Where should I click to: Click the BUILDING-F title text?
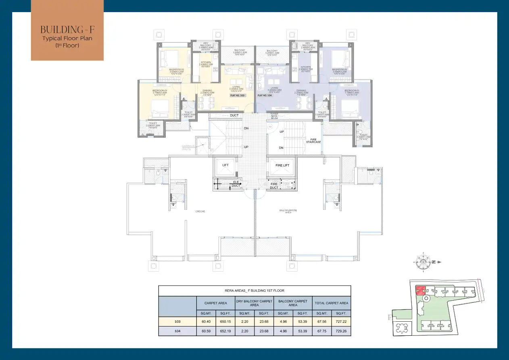coord(67,30)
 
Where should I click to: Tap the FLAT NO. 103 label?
coord(237,95)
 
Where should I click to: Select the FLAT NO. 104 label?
coord(265,95)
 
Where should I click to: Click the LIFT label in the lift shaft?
coord(225,165)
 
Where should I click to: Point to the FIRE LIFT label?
coord(282,165)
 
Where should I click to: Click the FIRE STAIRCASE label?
coord(313,141)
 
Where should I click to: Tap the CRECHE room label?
coord(200,211)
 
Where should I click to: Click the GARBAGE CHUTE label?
coord(188,147)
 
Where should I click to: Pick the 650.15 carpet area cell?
coord(224,321)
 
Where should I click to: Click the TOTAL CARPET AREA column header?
coord(332,303)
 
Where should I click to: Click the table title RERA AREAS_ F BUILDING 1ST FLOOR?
coord(255,291)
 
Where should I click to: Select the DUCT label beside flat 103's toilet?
coord(234,115)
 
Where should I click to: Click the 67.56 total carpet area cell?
coord(321,321)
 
